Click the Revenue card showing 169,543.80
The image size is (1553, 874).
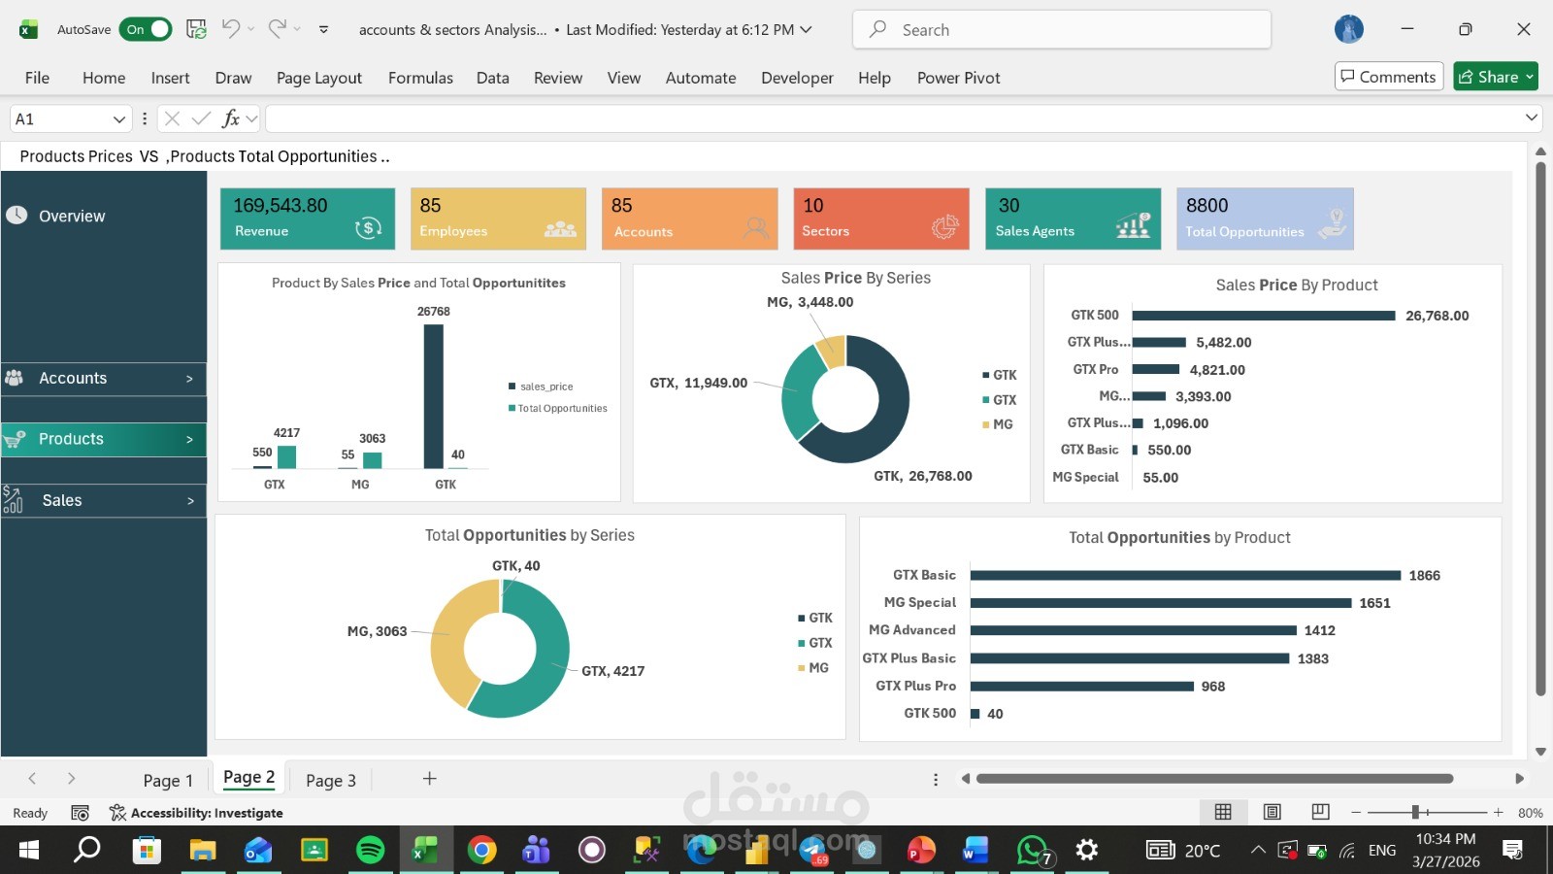pyautogui.click(x=307, y=218)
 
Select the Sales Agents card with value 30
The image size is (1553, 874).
pyautogui.click(x=1073, y=218)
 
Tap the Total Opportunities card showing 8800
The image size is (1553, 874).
pyautogui.click(x=1264, y=218)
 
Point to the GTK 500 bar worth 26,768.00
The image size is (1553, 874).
pyautogui.click(x=1263, y=316)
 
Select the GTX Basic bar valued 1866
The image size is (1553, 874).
pyautogui.click(x=1184, y=576)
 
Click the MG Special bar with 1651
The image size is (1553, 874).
pyautogui.click(x=1160, y=603)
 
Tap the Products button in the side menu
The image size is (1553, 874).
pyautogui.click(x=103, y=439)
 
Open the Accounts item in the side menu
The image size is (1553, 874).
pyautogui.click(x=103, y=379)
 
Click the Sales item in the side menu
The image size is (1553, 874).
pyautogui.click(x=103, y=501)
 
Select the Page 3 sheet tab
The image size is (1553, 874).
pyautogui.click(x=331, y=781)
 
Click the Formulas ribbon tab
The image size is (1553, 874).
pyautogui.click(x=420, y=78)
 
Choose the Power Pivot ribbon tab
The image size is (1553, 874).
pyautogui.click(x=958, y=78)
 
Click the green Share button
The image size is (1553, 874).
pyautogui.click(x=1495, y=77)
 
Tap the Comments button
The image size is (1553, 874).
pyautogui.click(x=1388, y=77)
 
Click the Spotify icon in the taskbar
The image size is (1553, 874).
pyautogui.click(x=370, y=851)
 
